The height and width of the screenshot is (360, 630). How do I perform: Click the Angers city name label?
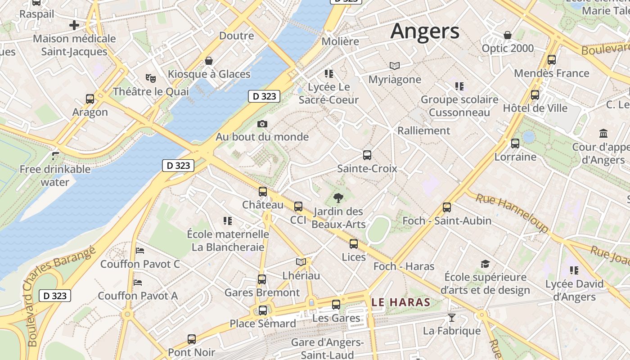click(425, 31)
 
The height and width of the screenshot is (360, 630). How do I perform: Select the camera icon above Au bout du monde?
click(262, 124)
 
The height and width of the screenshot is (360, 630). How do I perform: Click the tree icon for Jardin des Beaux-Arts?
click(338, 198)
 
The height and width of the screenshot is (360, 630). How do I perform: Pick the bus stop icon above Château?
click(263, 192)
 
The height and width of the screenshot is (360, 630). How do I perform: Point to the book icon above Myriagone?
click(395, 66)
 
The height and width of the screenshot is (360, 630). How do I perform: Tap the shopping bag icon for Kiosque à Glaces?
click(209, 61)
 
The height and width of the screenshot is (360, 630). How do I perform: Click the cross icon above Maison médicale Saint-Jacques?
click(74, 25)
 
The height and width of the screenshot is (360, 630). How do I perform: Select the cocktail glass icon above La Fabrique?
click(452, 318)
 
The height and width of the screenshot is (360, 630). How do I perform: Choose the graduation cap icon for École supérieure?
click(485, 264)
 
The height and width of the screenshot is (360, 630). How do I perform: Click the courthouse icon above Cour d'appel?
click(603, 134)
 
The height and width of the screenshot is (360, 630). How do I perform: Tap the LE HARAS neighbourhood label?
click(401, 302)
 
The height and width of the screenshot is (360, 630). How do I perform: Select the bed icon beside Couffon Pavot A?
click(138, 283)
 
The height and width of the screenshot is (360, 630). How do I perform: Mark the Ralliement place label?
click(423, 130)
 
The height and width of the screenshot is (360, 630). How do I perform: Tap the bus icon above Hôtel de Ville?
click(535, 95)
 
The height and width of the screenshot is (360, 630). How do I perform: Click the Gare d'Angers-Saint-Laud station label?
click(327, 348)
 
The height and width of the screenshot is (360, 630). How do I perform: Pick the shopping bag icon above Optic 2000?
click(508, 35)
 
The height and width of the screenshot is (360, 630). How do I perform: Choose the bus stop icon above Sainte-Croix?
click(367, 155)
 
